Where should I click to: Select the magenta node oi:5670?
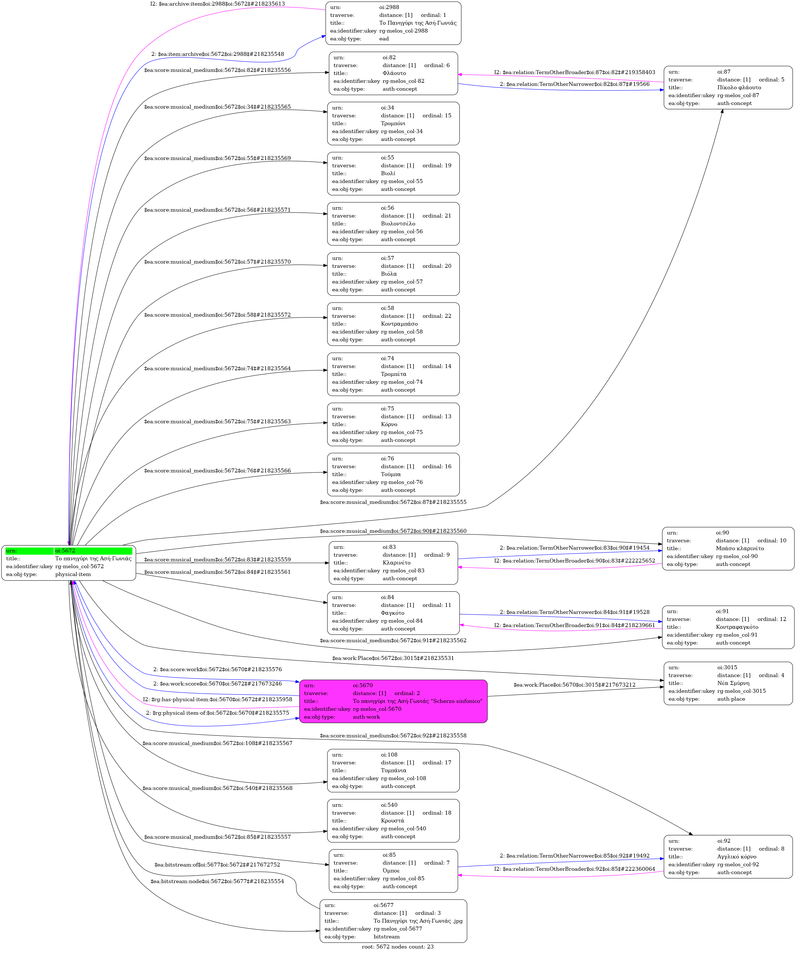[x=393, y=701]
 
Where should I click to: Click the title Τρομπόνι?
[x=393, y=124]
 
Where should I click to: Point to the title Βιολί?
[x=388, y=173]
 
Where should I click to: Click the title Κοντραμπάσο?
[x=399, y=324]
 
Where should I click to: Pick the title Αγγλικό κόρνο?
[x=736, y=857]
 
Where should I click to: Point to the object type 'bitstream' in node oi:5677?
[x=387, y=937]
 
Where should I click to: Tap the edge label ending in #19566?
[x=574, y=84]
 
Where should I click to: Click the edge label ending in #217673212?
[x=574, y=685]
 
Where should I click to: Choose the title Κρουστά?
[x=393, y=821]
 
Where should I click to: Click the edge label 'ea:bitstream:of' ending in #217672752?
[x=217, y=865]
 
